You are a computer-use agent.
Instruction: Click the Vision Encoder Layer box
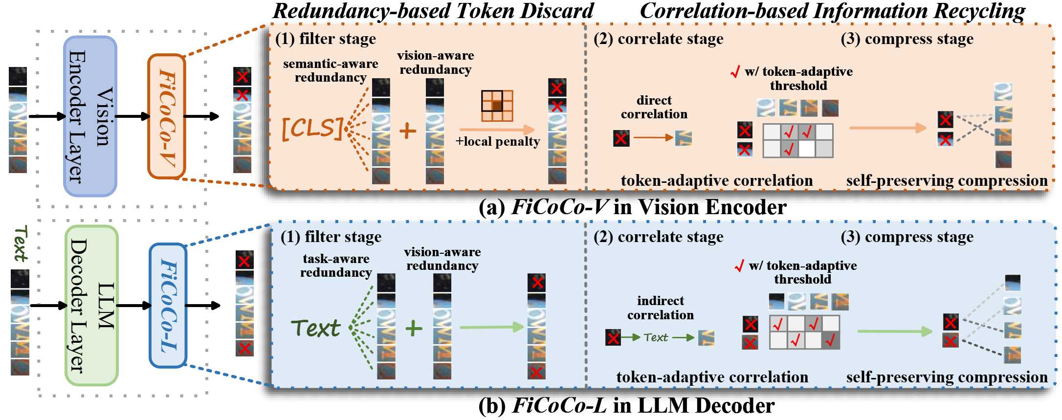[x=90, y=116]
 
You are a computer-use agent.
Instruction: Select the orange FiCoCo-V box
[x=167, y=116]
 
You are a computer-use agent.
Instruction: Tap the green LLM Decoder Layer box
[x=91, y=306]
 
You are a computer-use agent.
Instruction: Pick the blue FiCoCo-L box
[x=168, y=306]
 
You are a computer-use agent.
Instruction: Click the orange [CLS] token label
[x=312, y=129]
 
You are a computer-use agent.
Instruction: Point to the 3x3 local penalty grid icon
[x=497, y=106]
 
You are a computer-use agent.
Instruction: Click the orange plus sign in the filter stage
[x=408, y=131]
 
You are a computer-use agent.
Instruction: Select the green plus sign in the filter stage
[x=414, y=328]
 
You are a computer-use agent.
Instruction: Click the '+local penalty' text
[x=498, y=142]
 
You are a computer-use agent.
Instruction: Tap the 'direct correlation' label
[x=654, y=107]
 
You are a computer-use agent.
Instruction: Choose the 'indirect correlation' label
[x=661, y=308]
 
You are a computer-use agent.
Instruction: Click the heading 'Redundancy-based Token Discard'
[x=433, y=11]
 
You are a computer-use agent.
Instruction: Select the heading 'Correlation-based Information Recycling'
[x=832, y=11]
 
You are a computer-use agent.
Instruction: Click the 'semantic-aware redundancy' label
[x=331, y=70]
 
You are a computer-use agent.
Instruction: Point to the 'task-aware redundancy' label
[x=336, y=265]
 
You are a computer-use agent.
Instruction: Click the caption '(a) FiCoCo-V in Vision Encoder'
[x=633, y=207]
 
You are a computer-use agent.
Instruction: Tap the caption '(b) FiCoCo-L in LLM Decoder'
[x=626, y=405]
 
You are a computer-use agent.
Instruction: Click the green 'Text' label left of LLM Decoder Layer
[x=20, y=243]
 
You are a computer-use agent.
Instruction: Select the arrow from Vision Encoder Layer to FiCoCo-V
[x=132, y=116]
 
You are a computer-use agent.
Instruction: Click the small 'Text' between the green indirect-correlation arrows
[x=656, y=337]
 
